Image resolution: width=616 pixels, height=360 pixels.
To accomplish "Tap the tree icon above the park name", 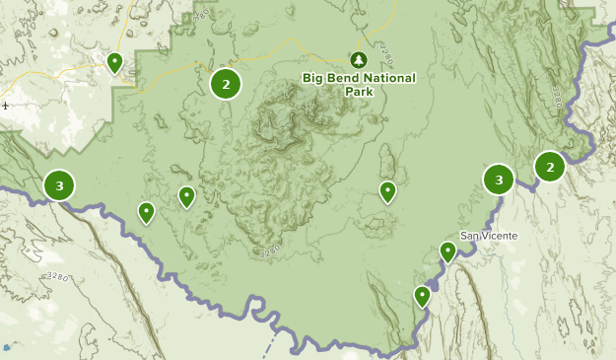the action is click(358, 60).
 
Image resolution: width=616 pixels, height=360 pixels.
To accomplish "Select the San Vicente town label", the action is click(488, 236).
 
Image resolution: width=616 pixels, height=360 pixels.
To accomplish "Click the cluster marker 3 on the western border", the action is click(60, 184).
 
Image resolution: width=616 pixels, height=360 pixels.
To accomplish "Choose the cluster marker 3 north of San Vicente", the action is click(499, 180).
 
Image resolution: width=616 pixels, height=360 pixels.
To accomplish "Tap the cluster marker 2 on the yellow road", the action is click(226, 84).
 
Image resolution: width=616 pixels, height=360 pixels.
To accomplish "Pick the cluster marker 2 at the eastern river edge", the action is click(549, 167).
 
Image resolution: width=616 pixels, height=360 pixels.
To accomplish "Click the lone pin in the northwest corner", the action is click(114, 63).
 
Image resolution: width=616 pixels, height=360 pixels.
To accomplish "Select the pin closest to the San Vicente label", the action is click(447, 252).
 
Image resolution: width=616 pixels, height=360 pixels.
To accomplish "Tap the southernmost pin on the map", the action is click(422, 295).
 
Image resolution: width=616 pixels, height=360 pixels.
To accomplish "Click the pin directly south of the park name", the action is click(387, 191).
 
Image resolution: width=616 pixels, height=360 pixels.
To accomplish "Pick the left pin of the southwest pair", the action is click(146, 212).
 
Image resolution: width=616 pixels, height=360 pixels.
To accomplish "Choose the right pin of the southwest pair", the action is click(186, 197).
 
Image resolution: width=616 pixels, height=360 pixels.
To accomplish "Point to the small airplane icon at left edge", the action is click(6, 106).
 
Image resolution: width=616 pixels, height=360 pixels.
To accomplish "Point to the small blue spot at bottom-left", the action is click(7, 347).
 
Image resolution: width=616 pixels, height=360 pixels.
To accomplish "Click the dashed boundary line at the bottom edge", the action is click(274, 345).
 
